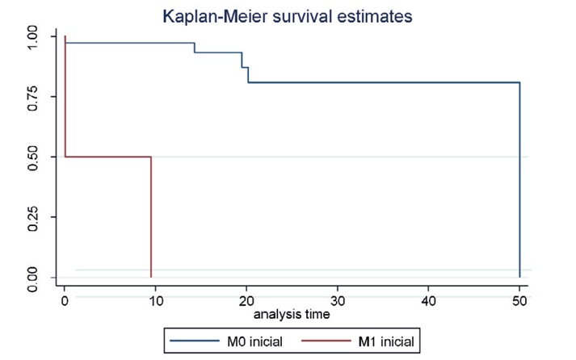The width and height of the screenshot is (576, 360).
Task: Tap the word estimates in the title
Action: coord(377,15)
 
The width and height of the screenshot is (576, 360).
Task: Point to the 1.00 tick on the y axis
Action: coord(33,36)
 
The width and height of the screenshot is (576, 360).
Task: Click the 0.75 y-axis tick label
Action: coord(33,97)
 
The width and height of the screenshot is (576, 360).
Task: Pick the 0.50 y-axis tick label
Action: coord(33,157)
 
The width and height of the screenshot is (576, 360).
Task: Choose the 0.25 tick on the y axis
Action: coord(33,217)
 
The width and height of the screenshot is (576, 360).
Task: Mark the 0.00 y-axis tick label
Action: coord(33,277)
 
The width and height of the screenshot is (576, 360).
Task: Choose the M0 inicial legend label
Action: coord(254,342)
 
